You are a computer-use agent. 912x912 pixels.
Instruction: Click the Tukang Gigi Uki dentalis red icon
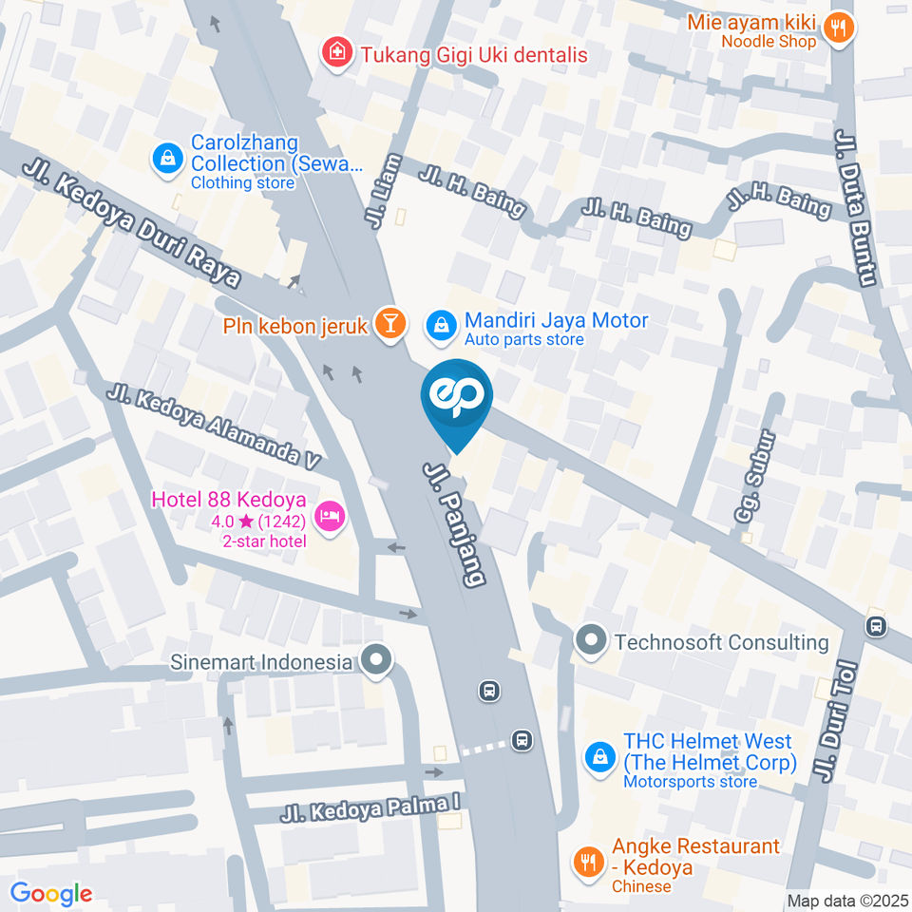coord(334,53)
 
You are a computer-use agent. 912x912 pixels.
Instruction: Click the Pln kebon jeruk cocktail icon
coord(389,323)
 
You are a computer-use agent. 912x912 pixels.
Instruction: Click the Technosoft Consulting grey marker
coord(591,642)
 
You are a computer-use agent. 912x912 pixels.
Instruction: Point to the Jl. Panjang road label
coord(455,525)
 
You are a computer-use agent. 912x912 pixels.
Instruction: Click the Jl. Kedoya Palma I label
coord(370,808)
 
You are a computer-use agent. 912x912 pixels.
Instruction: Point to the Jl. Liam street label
coord(381,192)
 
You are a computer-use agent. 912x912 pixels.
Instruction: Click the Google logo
coord(51,893)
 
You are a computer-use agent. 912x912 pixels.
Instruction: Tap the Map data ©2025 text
coord(847,901)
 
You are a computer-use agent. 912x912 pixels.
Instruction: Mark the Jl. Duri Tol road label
coord(835,722)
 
